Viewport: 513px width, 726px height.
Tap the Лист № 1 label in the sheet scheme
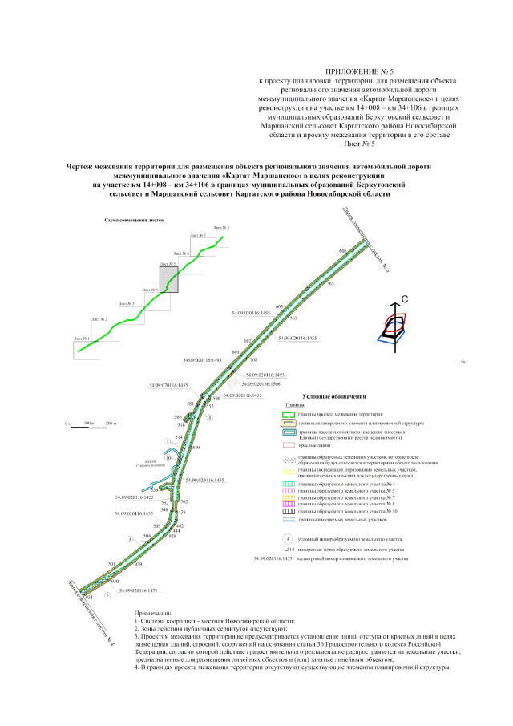point(83,339)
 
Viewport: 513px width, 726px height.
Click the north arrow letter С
point(405,298)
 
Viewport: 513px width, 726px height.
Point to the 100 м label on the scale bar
point(89,421)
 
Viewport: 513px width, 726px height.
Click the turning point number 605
point(343,251)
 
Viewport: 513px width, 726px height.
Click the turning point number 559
point(196,446)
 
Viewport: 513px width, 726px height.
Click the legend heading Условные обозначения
point(334,396)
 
